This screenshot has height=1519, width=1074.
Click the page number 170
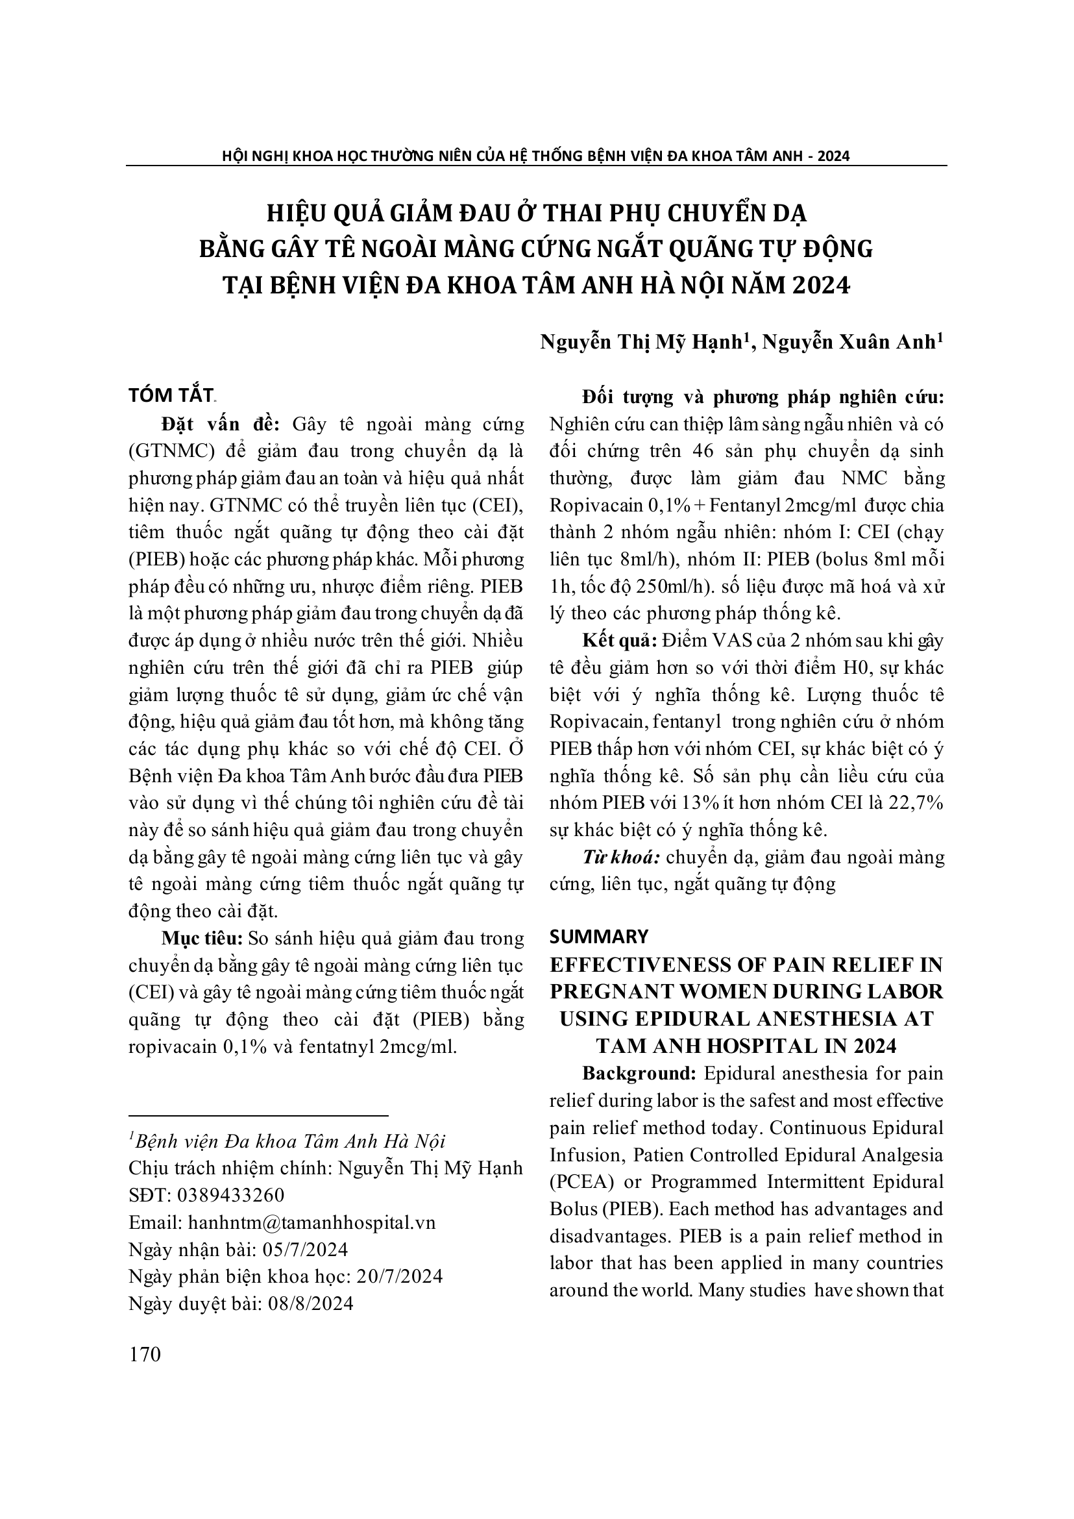click(x=145, y=1355)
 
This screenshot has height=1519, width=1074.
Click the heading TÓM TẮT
click(x=171, y=395)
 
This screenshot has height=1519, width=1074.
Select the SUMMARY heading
click(x=599, y=936)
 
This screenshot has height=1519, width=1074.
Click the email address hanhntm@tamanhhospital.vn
click(x=311, y=1222)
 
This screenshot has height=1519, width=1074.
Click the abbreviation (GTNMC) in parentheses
click(x=173, y=451)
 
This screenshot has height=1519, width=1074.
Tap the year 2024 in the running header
click(x=833, y=156)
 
